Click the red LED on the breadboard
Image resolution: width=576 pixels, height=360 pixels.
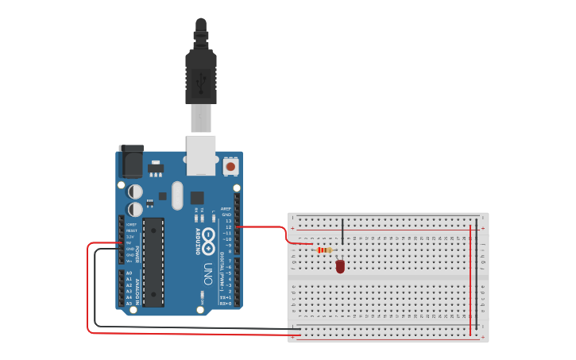(340, 266)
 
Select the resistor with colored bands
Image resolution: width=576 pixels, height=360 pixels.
(324, 250)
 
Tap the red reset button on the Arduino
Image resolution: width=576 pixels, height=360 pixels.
(230, 166)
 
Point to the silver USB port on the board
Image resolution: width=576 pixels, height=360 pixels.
(201, 154)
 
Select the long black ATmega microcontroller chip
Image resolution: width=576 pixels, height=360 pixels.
(153, 261)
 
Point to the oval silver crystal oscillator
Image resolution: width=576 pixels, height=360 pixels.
(177, 195)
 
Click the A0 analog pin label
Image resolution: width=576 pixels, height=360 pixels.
(130, 273)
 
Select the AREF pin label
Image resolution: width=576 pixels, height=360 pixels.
(226, 208)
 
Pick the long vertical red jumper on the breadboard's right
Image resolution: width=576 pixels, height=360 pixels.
(470, 278)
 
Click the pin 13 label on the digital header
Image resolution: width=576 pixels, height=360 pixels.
(228, 221)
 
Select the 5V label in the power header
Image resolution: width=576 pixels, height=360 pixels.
(130, 243)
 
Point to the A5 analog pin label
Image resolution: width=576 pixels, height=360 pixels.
(130, 303)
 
